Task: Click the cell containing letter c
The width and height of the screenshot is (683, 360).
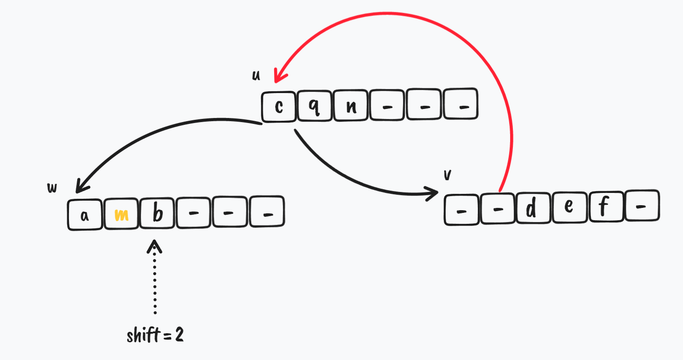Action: tap(279, 107)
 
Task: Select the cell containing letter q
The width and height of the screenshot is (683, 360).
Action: tap(315, 107)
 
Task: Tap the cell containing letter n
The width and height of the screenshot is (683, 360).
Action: tap(351, 107)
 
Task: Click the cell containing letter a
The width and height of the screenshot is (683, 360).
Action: tap(85, 214)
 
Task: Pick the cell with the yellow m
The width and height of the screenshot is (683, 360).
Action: tap(121, 214)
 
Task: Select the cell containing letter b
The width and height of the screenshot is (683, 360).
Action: tap(157, 213)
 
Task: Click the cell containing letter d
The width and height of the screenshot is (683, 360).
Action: tap(534, 208)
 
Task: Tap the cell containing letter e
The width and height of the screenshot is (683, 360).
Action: tap(570, 208)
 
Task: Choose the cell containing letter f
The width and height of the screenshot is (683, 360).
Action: tap(607, 208)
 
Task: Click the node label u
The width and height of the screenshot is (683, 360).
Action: tap(256, 75)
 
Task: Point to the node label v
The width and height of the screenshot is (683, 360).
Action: tap(447, 175)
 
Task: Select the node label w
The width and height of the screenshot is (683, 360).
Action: tap(52, 187)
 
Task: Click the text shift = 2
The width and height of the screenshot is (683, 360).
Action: tap(155, 336)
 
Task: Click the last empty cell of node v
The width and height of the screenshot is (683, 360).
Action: tap(641, 207)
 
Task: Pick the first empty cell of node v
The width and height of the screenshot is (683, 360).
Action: tap(462, 209)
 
